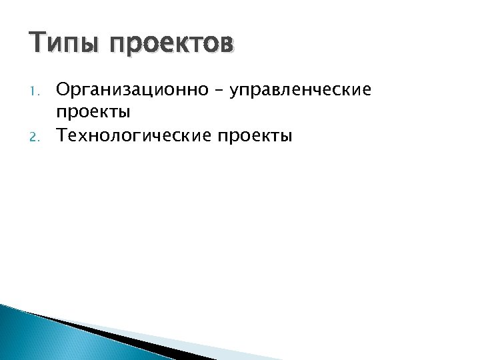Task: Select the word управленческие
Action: tap(301, 89)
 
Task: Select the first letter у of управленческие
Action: tap(234, 91)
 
